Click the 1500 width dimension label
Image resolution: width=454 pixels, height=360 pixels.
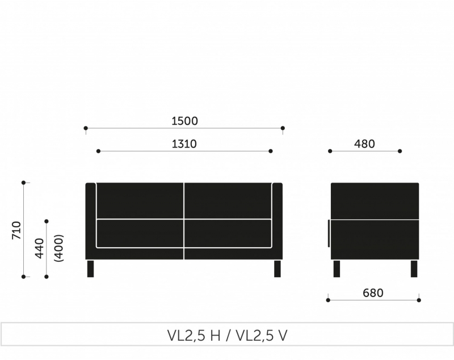pos(185,121)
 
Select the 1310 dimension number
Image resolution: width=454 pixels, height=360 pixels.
pos(184,143)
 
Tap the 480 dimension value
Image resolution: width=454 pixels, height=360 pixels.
pos(364,143)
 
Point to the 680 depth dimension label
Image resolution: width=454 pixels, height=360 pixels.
pos(373,293)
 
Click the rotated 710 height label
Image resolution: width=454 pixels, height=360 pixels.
pos(16,230)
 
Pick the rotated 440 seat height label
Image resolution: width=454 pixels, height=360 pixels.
pos(39,248)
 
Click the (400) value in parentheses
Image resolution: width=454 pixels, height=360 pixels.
pos(59,248)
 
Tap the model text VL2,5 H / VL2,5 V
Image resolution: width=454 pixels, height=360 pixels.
pos(228,336)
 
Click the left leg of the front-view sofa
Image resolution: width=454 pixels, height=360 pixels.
pos(90,269)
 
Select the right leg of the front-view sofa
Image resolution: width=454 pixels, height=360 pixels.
pos(278,269)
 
